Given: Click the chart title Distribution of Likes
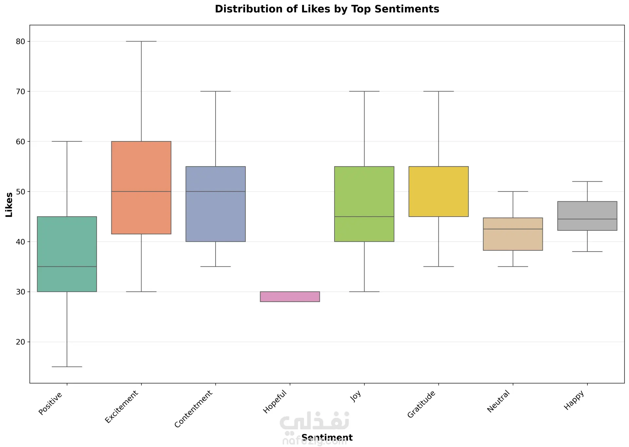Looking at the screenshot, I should pyautogui.click(x=327, y=9).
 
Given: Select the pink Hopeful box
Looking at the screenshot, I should pyautogui.click(x=290, y=296).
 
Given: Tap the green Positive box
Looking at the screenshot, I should pyautogui.click(x=67, y=254).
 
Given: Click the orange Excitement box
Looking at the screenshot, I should pyautogui.click(x=141, y=188).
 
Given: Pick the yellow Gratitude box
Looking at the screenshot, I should pyautogui.click(x=438, y=191).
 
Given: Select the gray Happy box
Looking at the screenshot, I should pyautogui.click(x=587, y=216).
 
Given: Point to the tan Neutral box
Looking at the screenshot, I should pyautogui.click(x=513, y=234).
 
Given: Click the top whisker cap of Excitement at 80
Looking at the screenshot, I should pyautogui.click(x=141, y=42).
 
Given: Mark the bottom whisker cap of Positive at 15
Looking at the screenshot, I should pyautogui.click(x=67, y=367).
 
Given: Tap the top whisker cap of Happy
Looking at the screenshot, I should pyautogui.click(x=587, y=182).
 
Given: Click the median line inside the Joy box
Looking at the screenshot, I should pyautogui.click(x=364, y=217).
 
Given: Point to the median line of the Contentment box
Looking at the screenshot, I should pyautogui.click(x=216, y=191).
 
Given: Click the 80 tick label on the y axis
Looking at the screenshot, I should pyautogui.click(x=20, y=42).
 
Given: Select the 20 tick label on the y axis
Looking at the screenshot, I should pyautogui.click(x=20, y=342).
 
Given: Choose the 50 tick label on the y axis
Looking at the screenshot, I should pyautogui.click(x=20, y=191).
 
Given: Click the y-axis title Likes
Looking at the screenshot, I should pyautogui.click(x=9, y=205).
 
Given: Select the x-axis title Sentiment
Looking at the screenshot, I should pyautogui.click(x=327, y=438).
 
